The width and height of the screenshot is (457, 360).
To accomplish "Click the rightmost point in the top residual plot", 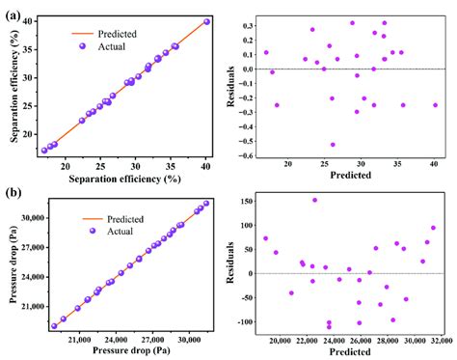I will click(x=435, y=105).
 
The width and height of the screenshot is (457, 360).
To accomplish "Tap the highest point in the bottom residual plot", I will click(x=314, y=200).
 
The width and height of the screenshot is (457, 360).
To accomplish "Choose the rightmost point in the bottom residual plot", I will click(x=433, y=229).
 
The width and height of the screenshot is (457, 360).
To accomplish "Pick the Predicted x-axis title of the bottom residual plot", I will click(x=351, y=351).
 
